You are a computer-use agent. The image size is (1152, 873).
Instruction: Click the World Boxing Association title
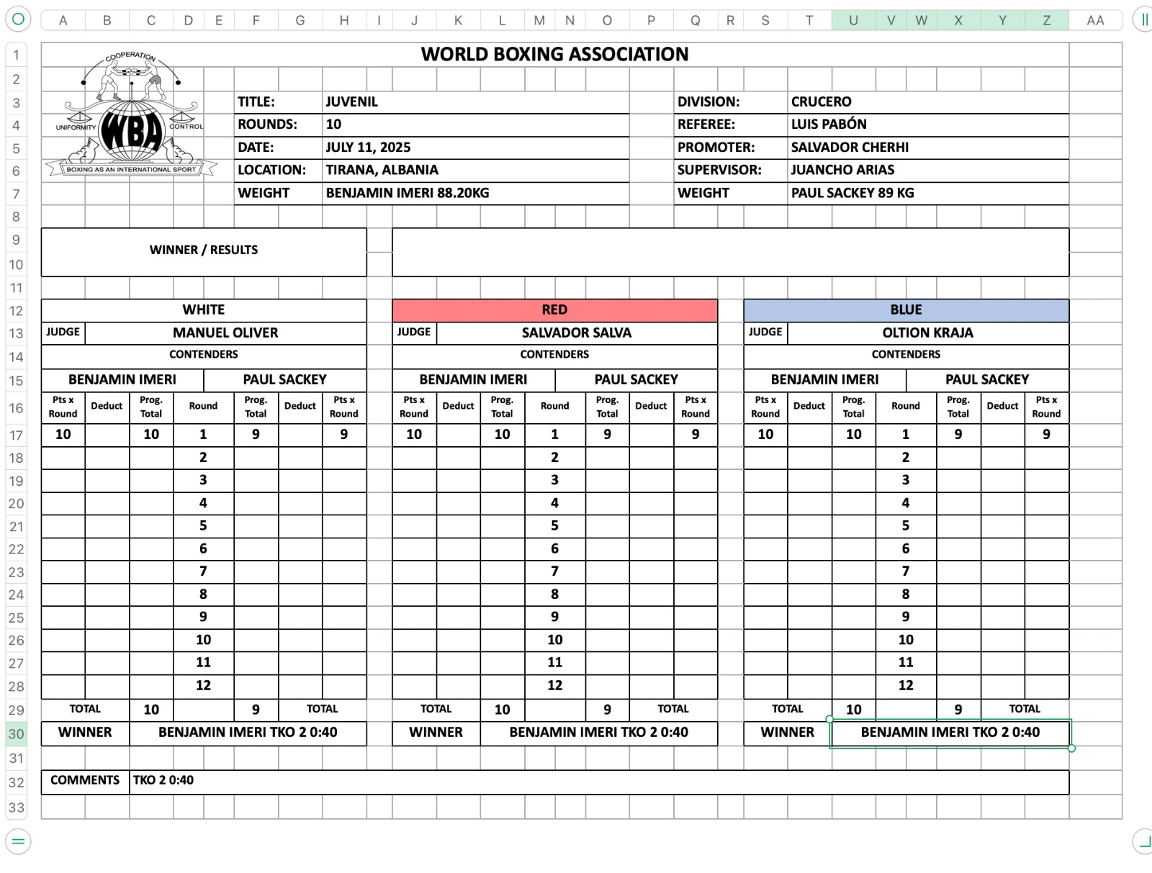pos(554,55)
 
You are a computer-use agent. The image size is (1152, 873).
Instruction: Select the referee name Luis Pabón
pos(829,125)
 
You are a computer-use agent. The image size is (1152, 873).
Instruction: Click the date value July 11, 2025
pos(368,148)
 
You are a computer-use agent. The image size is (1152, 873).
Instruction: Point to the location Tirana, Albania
pos(382,171)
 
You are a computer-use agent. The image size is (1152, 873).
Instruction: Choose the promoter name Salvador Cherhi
pos(850,148)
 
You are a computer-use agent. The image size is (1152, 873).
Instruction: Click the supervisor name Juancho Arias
pos(842,171)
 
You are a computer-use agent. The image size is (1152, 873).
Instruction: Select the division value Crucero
pos(821,102)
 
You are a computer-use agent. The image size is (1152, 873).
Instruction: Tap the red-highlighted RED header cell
pos(554,310)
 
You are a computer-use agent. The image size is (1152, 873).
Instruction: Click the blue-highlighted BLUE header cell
pos(906,310)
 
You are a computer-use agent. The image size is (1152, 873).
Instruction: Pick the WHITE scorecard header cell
pos(204,310)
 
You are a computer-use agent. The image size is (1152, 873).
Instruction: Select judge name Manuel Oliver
pos(225,333)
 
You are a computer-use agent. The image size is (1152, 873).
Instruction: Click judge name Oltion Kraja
pos(927,333)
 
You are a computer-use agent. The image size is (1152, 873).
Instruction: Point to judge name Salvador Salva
pos(576,333)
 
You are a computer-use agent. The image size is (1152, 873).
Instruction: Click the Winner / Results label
pos(204,250)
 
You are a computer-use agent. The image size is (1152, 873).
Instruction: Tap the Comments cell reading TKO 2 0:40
pos(163,781)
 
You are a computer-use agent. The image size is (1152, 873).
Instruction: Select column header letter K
pos(458,20)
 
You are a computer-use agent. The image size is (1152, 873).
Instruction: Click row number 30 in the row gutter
pos(16,734)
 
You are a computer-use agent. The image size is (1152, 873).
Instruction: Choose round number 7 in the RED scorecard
pos(554,571)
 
